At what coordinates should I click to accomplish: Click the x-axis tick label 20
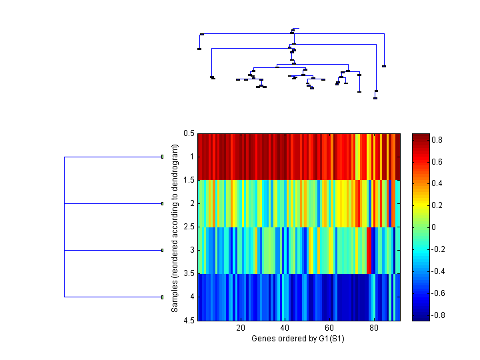coord(241,328)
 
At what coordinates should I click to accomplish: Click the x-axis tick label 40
coord(285,328)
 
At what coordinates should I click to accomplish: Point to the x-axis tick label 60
coord(329,328)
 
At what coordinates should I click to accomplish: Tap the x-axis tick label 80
coord(373,328)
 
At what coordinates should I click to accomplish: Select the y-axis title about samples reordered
coord(175,227)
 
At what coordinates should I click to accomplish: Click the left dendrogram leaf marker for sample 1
coord(162,157)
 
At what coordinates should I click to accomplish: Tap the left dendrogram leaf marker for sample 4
coord(162,297)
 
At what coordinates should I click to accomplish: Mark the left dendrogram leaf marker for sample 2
coord(162,203)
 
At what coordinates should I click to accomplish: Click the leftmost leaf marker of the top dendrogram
coord(199,49)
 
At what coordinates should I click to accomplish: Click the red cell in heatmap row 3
coord(369,251)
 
